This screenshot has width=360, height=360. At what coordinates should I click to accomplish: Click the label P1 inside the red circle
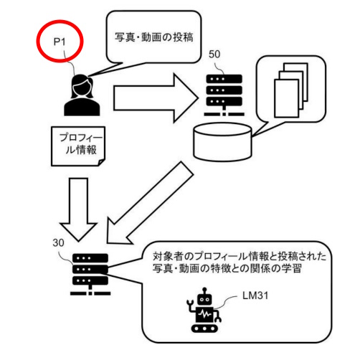click(x=60, y=42)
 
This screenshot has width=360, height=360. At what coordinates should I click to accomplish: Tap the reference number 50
click(x=214, y=55)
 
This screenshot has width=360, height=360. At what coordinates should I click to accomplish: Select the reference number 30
click(x=58, y=243)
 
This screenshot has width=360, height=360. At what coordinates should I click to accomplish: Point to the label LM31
click(x=255, y=295)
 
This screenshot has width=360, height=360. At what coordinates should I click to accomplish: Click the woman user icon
click(x=82, y=95)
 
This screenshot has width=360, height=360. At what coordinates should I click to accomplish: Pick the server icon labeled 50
click(x=224, y=95)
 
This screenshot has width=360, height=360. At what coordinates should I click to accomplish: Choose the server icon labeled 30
click(x=90, y=275)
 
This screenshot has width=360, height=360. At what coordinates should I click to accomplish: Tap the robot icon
click(x=204, y=310)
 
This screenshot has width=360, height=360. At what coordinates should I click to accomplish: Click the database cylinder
click(x=222, y=142)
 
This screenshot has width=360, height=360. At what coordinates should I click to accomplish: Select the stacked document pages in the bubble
click(x=291, y=90)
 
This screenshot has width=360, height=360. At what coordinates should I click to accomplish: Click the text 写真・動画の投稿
click(x=154, y=37)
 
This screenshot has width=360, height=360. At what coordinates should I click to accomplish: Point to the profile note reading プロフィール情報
click(x=78, y=146)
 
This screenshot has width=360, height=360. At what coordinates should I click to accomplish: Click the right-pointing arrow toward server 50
click(x=156, y=98)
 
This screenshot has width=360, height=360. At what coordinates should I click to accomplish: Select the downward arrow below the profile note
click(x=78, y=209)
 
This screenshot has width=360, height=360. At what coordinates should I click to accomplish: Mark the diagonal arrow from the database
click(x=150, y=203)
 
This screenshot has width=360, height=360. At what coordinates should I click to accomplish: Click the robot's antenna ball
click(x=204, y=290)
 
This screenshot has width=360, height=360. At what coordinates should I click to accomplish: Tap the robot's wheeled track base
click(x=204, y=328)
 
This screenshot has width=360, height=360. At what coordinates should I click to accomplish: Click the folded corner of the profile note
click(x=102, y=163)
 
